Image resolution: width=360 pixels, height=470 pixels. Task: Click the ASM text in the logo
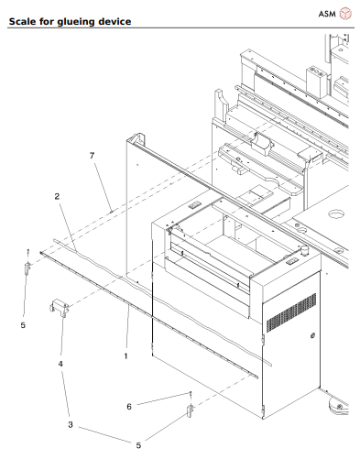coord(326,14)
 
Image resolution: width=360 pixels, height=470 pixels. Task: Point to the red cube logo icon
coord(345,14)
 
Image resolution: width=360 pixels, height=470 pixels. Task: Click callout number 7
coord(91,157)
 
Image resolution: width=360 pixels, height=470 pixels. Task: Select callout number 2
coord(57,196)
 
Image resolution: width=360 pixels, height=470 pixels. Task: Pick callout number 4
coord(60,364)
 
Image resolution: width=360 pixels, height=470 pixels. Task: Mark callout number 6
coord(129,405)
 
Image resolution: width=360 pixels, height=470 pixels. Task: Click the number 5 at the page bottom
coord(138,445)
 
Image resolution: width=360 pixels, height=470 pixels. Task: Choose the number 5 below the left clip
coord(23,323)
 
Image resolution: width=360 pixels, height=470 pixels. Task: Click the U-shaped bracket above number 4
coord(61,308)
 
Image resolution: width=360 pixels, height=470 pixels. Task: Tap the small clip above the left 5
coord(27,267)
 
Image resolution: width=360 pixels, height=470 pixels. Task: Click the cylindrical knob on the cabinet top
coord(299,247)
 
